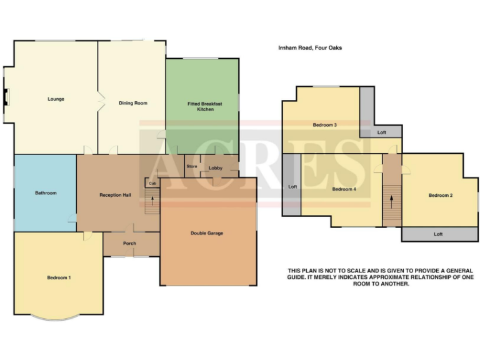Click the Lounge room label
pyautogui.click(x=56, y=99)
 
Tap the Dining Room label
pyautogui.click(x=133, y=102)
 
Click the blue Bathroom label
pyautogui.click(x=46, y=193)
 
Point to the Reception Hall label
pyautogui.click(x=115, y=195)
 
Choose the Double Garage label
pyautogui.click(x=207, y=233)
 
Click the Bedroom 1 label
pyautogui.click(x=59, y=277)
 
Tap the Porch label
pyautogui.click(x=129, y=243)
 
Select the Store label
pyautogui.click(x=192, y=166)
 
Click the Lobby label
pyautogui.click(x=216, y=167)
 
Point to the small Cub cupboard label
pyautogui.click(x=152, y=183)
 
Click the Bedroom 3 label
pyautogui.click(x=325, y=125)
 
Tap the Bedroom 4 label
pyautogui.click(x=344, y=189)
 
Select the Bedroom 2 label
pyautogui.click(x=440, y=196)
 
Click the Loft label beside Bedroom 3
pyautogui.click(x=382, y=132)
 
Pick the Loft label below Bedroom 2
pyautogui.click(x=437, y=234)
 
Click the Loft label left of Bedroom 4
pyautogui.click(x=292, y=186)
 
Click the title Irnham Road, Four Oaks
pyautogui.click(x=310, y=47)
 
